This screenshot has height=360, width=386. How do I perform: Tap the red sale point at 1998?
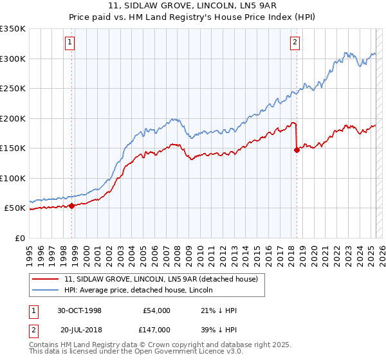tap(72, 206)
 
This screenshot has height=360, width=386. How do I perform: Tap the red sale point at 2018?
tap(297, 150)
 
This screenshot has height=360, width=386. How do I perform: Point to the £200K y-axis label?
tap(13, 118)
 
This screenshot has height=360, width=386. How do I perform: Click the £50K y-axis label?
tap(15, 208)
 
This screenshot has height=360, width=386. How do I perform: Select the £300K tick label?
tap(13, 59)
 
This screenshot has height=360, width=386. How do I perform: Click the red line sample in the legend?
tap(45, 279)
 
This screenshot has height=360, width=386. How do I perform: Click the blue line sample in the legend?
tap(45, 290)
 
